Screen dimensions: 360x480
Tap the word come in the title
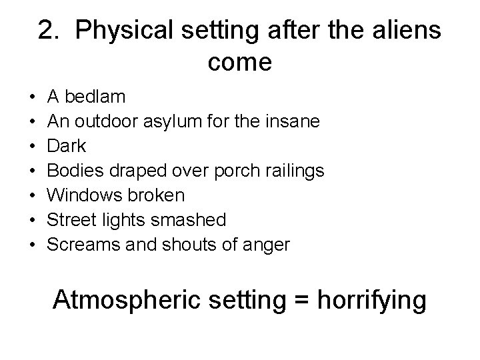[239, 62]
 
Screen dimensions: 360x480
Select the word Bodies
[79, 171]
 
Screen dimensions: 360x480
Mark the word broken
[159, 196]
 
